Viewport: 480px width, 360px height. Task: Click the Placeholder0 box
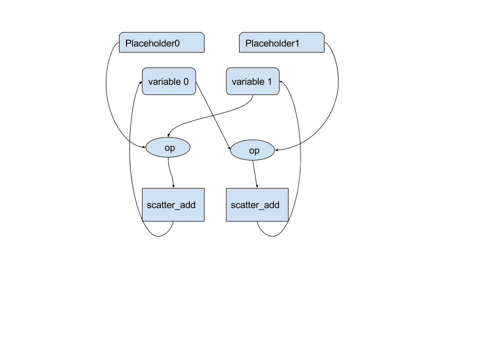(161, 42)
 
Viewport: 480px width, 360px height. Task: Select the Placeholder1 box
(281, 42)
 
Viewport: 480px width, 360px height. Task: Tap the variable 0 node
(168, 81)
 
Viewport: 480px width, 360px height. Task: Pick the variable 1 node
(252, 81)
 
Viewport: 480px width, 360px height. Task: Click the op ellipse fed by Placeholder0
(168, 148)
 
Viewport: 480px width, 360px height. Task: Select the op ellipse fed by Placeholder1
(252, 150)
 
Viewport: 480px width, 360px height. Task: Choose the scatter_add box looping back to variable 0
(173, 204)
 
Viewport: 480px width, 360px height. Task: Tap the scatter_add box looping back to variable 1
(257, 204)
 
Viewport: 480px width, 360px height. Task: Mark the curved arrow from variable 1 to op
(210, 119)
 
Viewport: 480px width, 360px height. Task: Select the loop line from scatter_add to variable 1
(300, 160)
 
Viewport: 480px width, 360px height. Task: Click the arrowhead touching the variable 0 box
(140, 82)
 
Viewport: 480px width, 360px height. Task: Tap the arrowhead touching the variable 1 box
(281, 81)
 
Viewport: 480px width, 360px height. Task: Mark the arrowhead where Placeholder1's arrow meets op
(276, 149)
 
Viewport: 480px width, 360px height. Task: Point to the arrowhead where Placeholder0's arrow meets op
(144, 147)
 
